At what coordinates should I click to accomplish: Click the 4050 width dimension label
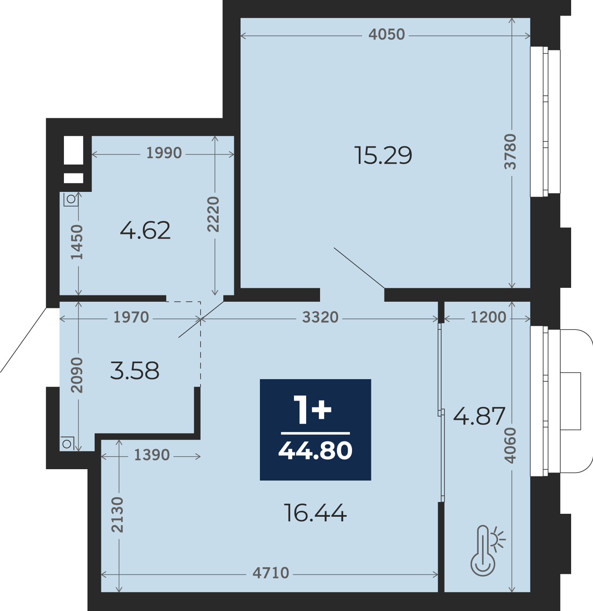(387, 34)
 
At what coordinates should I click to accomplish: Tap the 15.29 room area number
(383, 156)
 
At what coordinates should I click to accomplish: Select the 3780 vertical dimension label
(511, 151)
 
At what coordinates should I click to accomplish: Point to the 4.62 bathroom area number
(145, 231)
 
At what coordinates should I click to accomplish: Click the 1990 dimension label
(164, 153)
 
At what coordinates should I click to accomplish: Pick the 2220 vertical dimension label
(213, 214)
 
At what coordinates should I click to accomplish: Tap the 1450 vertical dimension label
(77, 242)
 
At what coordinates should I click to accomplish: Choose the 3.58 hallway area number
(135, 371)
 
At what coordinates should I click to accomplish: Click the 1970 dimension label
(131, 317)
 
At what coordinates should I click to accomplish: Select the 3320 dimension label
(320, 317)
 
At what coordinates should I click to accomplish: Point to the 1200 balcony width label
(489, 317)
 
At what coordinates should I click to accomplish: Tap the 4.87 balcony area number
(479, 416)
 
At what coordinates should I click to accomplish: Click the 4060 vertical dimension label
(510, 446)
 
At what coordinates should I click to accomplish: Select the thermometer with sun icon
(487, 550)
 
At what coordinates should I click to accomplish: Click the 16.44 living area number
(315, 513)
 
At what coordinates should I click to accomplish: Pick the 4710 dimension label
(271, 573)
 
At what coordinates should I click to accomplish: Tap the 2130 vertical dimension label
(118, 515)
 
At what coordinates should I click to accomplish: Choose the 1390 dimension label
(152, 455)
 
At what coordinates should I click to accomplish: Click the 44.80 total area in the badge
(315, 451)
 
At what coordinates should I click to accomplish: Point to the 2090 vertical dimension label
(77, 375)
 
